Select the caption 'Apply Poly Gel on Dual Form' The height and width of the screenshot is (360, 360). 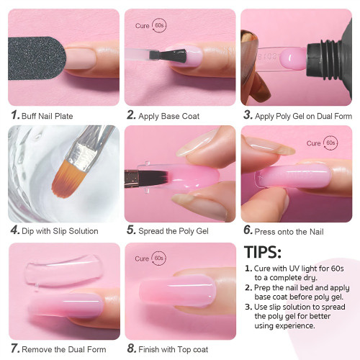[x=299, y=114]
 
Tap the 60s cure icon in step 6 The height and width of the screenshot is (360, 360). [x=332, y=143]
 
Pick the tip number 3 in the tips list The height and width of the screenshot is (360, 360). [x=249, y=307]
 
